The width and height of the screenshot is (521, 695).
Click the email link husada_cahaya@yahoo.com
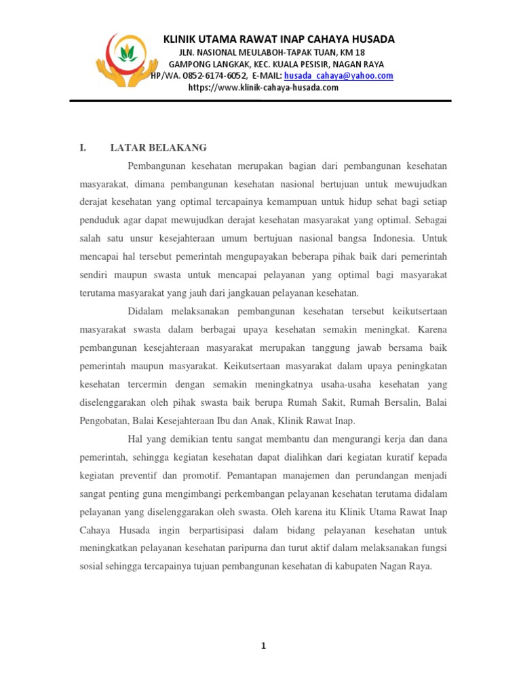339,76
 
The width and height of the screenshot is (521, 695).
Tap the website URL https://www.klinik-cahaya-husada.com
263,88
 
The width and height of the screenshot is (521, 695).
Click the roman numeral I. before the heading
83,148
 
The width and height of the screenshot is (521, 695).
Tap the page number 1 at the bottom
263,646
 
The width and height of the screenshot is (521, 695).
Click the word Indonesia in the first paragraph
393,239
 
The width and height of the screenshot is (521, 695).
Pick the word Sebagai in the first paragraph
427,221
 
